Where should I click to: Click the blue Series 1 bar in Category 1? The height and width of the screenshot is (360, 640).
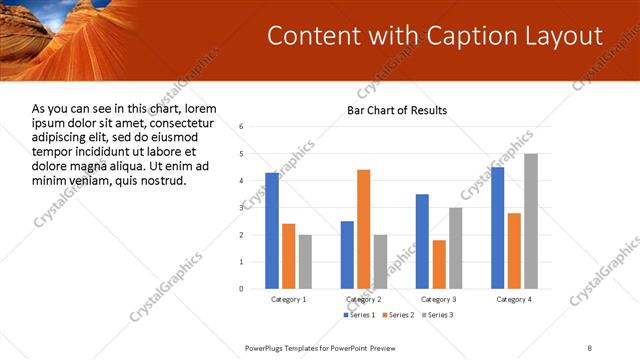point(272,230)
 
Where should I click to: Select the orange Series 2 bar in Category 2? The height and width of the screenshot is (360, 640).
point(363,229)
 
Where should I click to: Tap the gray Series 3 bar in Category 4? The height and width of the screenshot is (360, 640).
point(531,221)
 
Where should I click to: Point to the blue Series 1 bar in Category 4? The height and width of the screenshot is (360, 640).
point(498,228)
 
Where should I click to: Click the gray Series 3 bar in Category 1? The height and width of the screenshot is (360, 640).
point(305,261)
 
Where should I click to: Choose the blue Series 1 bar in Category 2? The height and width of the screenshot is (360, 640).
point(347,255)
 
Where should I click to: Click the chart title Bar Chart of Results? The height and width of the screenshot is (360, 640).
point(397,110)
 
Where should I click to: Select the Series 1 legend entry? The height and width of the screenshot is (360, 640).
point(361,315)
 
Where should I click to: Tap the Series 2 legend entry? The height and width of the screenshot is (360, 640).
point(398,315)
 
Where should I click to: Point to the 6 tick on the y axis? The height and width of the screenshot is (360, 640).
point(242,127)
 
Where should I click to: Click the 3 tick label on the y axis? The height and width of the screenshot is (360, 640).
point(242,208)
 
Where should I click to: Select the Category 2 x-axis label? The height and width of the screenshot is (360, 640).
point(363,299)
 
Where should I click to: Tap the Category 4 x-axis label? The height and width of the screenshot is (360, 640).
point(515,299)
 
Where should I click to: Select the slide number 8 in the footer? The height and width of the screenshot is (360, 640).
point(589,346)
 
